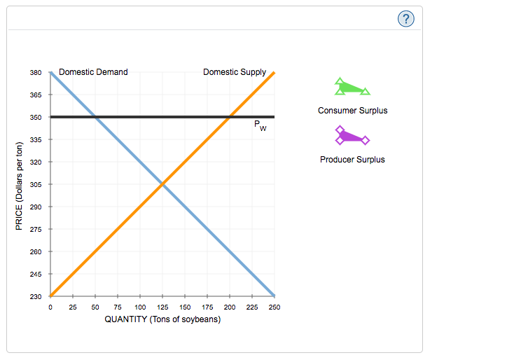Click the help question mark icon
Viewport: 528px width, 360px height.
tap(405, 19)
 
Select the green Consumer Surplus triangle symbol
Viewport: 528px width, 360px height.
tap(352, 88)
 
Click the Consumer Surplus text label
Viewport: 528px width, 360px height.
tap(352, 111)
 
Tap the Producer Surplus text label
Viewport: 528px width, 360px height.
tap(352, 160)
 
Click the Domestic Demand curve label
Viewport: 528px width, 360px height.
tap(93, 71)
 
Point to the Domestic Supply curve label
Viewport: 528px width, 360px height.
tap(234, 71)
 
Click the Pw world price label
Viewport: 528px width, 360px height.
tap(260, 127)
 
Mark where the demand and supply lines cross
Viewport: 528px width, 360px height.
tap(162, 184)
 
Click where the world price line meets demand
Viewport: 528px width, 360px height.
tap(95, 117)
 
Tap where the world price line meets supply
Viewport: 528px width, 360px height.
tap(230, 117)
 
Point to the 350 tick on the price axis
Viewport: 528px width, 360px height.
tap(36, 117)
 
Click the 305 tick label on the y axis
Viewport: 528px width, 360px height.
tap(36, 184)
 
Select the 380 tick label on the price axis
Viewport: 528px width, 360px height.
tap(36, 72)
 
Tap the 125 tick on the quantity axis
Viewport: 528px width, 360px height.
tap(162, 307)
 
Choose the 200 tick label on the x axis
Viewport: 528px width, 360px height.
tap(230, 307)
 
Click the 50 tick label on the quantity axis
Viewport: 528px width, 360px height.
tap(95, 307)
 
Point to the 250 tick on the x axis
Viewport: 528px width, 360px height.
tap(274, 307)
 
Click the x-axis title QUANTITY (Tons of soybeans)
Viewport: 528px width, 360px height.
tap(162, 319)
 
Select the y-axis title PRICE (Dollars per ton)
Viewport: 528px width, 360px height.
tap(20, 186)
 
